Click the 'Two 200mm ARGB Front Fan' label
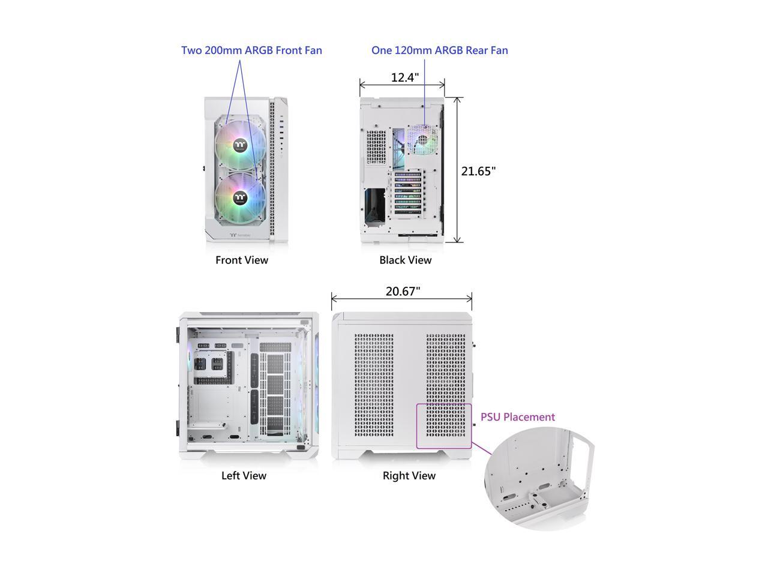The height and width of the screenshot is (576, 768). [x=251, y=50]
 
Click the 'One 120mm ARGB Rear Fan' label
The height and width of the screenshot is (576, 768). [x=439, y=50]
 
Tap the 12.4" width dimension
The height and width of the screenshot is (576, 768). [x=405, y=77]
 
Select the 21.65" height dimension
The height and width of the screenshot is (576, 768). [x=478, y=171]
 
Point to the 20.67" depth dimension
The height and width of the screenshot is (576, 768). [x=403, y=292]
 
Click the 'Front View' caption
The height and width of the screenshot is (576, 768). [x=242, y=260]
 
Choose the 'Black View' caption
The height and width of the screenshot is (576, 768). [x=405, y=260]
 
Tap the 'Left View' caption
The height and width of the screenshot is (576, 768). [x=244, y=476]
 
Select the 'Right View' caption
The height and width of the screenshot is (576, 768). [x=409, y=476]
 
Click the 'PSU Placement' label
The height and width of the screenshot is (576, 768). [x=518, y=417]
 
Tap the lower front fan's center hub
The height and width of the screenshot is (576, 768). [x=240, y=196]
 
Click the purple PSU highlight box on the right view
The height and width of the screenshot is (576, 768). [x=444, y=426]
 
